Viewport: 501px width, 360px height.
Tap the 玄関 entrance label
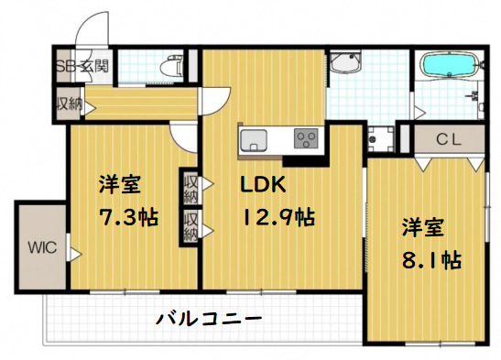[x=93, y=66]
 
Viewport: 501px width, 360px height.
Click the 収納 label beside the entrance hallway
[x=68, y=103]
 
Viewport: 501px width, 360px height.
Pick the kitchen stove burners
[x=305, y=139]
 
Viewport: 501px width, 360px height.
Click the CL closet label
[x=448, y=139]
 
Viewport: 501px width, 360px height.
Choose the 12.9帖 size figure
[x=278, y=218]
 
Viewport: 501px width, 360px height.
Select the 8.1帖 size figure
[x=430, y=259]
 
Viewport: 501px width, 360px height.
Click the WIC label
[x=42, y=246]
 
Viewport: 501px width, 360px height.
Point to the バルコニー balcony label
[x=210, y=319]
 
